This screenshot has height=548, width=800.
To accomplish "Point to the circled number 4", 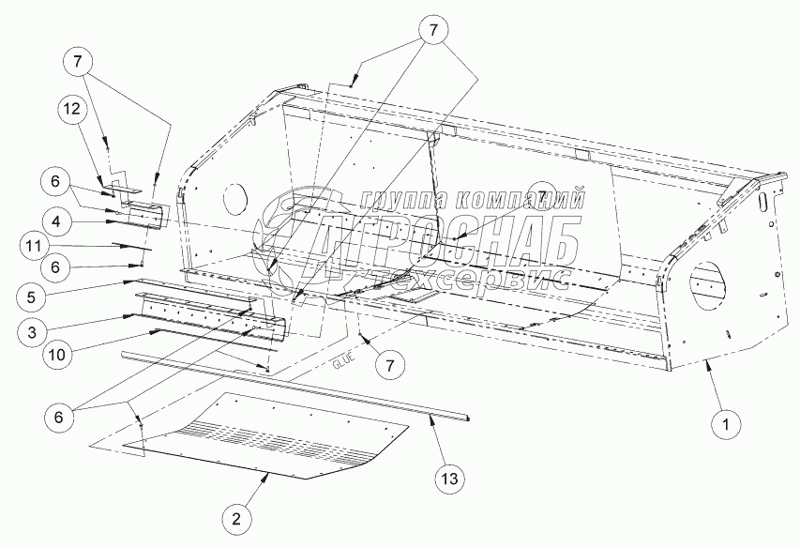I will click(x=57, y=221).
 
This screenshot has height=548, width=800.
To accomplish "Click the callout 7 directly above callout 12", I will click(x=79, y=61).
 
